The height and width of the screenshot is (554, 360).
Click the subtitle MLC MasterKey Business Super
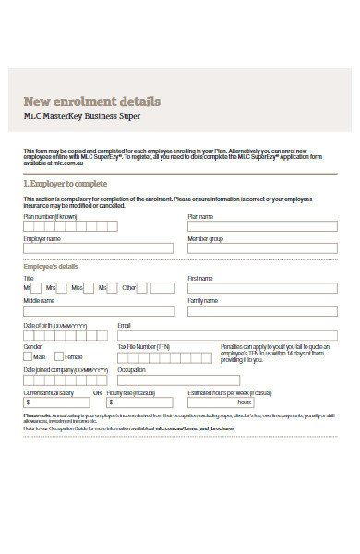pyautogui.click(x=82, y=116)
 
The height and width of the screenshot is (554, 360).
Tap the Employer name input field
pyautogui.click(x=98, y=247)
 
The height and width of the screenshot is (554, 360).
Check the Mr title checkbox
pyautogui.click(x=37, y=287)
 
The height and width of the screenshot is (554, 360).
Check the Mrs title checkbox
pyautogui.click(x=63, y=287)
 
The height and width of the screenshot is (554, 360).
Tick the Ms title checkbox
pyautogui.click(x=89, y=287)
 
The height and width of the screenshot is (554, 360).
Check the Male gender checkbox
pyautogui.click(x=28, y=356)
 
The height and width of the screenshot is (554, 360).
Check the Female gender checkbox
pyautogui.click(x=58, y=356)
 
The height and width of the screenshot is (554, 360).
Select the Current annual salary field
pyautogui.click(x=55, y=403)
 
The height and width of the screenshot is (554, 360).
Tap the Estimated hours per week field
pyautogui.click(x=211, y=403)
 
